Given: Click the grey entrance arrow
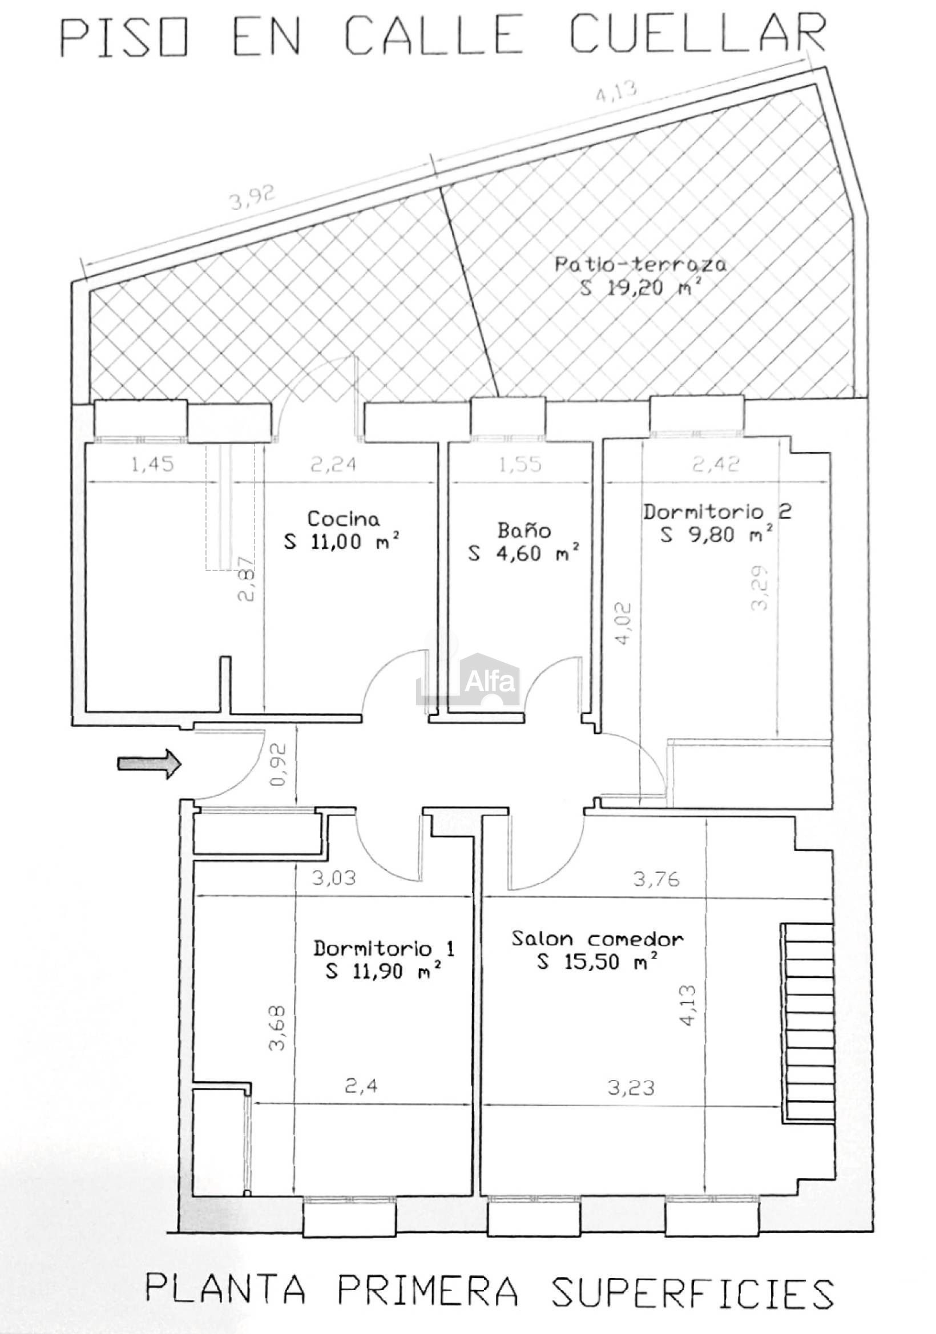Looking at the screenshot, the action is point(150,763).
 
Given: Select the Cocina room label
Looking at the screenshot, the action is point(344,519).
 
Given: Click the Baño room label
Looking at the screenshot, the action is point(524,530).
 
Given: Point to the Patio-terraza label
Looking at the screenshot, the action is point(640,264).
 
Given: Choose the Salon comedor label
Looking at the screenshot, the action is point(598,939).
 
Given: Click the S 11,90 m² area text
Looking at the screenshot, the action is point(383,970).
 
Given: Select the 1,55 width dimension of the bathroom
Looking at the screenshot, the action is point(520,464).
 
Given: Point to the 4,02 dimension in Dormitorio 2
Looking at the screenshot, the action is point(622,624).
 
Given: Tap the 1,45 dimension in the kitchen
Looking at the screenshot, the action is point(152,464).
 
